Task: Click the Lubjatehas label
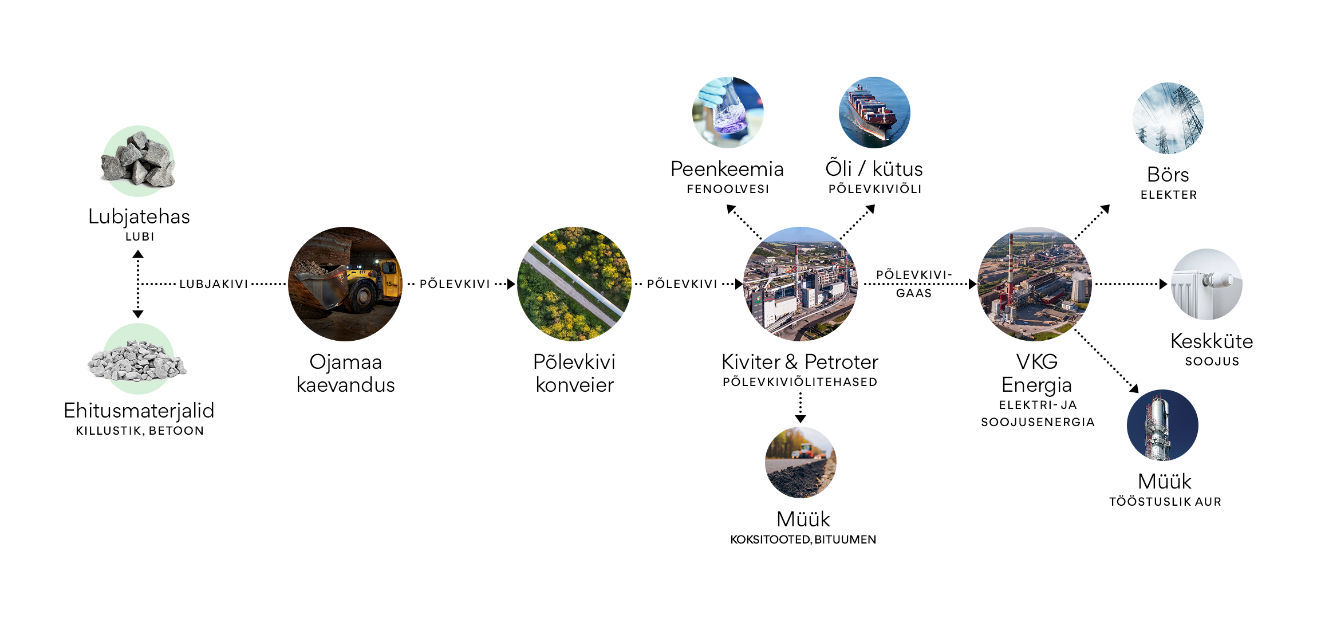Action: [139, 216]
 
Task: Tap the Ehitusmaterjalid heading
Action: [139, 411]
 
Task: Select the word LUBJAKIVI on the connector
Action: [214, 284]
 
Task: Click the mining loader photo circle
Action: [345, 284]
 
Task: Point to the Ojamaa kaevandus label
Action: [345, 373]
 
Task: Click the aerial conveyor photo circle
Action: [574, 284]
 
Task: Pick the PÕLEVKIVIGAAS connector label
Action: [914, 284]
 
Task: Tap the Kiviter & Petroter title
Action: [800, 362]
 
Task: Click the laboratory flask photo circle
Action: [728, 113]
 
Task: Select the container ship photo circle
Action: [874, 113]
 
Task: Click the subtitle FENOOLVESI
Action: [728, 189]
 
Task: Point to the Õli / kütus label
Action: [874, 169]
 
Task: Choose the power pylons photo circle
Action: [1168, 118]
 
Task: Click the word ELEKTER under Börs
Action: [1169, 195]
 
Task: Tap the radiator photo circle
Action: [1206, 284]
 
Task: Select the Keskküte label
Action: [1212, 341]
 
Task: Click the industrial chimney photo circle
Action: [1162, 425]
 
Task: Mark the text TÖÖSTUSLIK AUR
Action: [1165, 502]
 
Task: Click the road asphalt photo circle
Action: [801, 462]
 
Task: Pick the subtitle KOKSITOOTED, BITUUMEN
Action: [803, 540]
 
